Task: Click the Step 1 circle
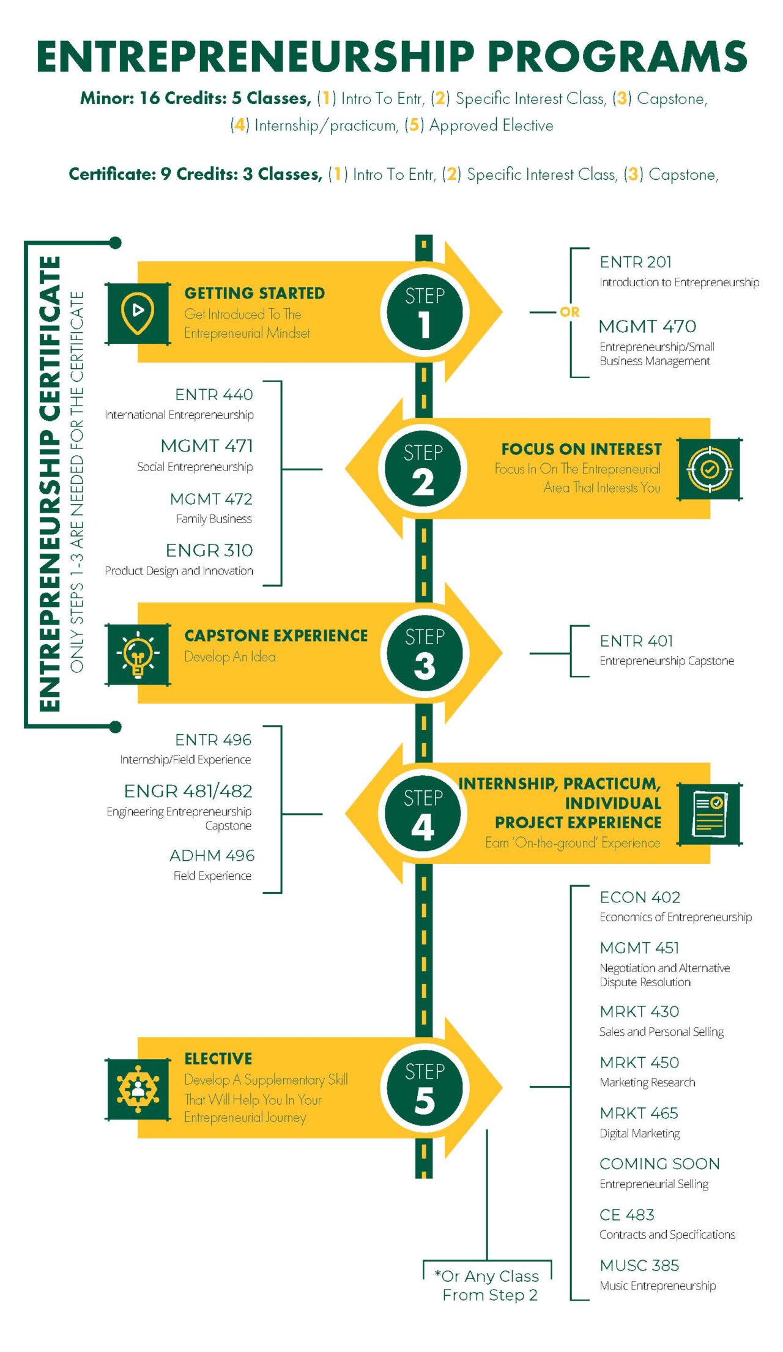425,312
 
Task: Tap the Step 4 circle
423,814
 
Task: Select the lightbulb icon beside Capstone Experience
138,655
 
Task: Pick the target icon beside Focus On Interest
710,469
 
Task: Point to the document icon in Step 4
710,814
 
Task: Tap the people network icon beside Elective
138,1089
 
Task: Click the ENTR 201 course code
636,262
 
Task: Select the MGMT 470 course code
647,327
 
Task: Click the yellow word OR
569,312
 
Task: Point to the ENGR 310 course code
209,551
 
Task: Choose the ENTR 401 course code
636,641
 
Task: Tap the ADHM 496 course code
212,856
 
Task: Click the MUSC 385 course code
639,1265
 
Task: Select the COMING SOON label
659,1164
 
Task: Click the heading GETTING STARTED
254,294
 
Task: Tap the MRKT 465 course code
639,1113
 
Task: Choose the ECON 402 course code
640,897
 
